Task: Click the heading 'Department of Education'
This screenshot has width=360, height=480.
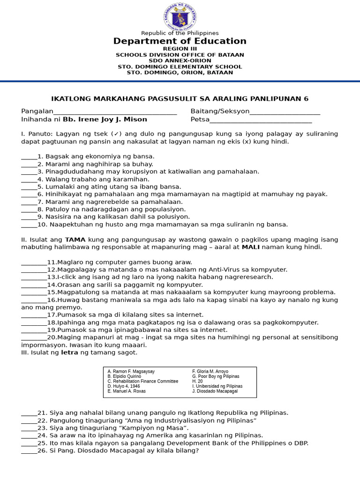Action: click(180, 41)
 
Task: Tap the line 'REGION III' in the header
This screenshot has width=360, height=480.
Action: click(180, 49)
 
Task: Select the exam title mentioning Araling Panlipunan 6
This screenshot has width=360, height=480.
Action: click(180, 99)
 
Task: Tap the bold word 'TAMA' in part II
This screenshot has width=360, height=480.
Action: click(75, 240)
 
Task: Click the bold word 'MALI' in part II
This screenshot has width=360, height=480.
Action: click(251, 247)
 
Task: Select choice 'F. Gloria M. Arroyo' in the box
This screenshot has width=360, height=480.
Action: click(210, 371)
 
